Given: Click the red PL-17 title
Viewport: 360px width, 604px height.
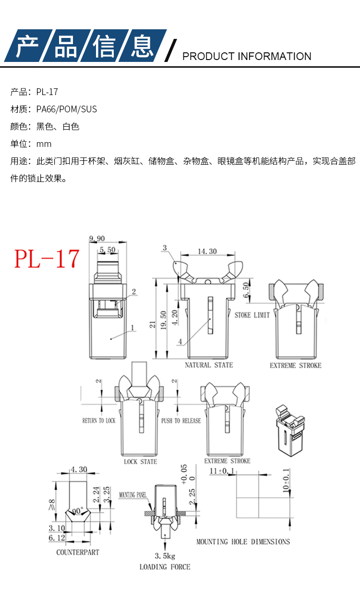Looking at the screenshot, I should (47, 259).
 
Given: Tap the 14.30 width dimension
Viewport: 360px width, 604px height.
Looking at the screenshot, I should (207, 252).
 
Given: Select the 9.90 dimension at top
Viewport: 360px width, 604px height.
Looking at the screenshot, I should (97, 239).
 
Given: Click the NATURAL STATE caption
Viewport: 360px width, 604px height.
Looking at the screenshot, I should (209, 365).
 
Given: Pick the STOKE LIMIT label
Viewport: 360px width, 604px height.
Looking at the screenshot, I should (252, 315).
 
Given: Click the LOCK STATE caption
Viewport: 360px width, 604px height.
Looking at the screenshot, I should (140, 462).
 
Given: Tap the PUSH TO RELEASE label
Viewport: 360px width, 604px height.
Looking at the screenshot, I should (181, 421).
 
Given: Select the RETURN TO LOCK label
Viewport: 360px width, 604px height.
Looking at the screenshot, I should (99, 421).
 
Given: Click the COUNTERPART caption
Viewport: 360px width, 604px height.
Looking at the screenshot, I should (78, 553).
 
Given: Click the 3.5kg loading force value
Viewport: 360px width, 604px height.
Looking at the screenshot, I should (165, 556).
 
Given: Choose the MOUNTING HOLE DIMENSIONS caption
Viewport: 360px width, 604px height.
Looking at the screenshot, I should (243, 542).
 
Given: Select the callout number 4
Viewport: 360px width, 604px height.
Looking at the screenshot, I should (180, 342).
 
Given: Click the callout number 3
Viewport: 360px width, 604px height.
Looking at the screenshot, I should (165, 248).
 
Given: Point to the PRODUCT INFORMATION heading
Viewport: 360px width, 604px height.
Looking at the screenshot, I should (247, 56).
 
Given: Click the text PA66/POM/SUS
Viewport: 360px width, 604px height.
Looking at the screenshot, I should (67, 109).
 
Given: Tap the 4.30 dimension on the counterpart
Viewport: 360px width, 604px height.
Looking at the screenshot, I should (79, 470).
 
